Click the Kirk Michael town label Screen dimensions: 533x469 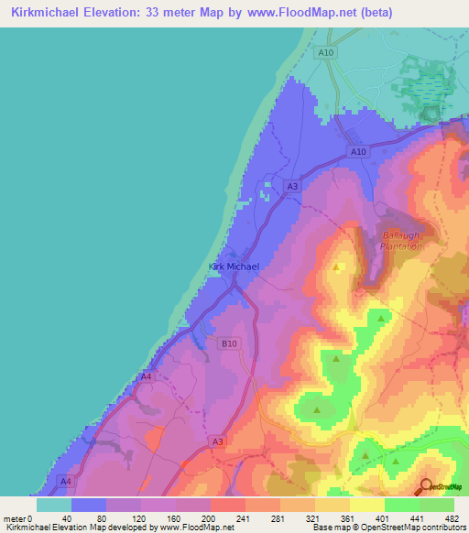pyautogui.click(x=234, y=266)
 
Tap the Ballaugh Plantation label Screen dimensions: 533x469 pyautogui.click(x=401, y=241)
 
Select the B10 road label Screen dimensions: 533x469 pyautogui.click(x=229, y=344)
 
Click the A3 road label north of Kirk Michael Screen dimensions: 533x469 pyautogui.click(x=292, y=187)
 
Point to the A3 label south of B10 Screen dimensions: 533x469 pyautogui.click(x=218, y=442)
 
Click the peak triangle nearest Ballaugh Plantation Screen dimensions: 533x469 pyautogui.click(x=337, y=268)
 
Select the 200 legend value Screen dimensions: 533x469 pyautogui.click(x=210, y=517)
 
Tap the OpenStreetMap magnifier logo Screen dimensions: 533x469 pyautogui.click(x=427, y=486)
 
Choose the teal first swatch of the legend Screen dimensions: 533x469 pyautogui.click(x=53, y=504)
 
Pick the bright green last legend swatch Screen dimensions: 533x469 pyautogui.click(x=436, y=504)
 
